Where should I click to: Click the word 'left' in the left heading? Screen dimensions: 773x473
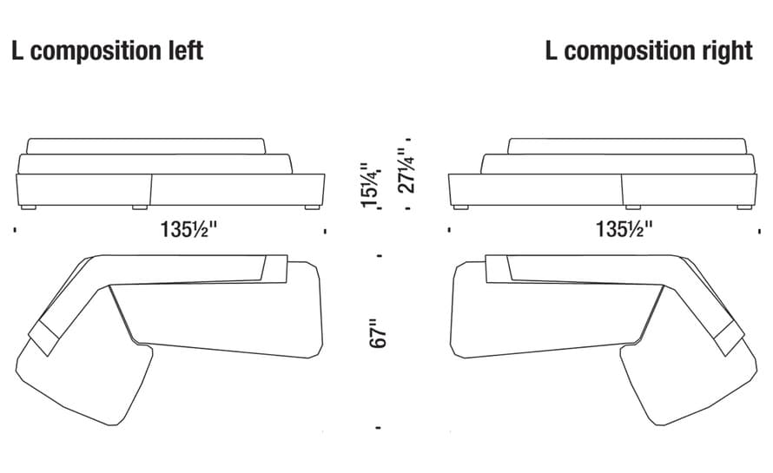186,50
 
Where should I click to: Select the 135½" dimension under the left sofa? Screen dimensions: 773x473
188,230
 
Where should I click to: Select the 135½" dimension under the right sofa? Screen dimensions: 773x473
624,230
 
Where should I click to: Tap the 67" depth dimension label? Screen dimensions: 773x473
379,333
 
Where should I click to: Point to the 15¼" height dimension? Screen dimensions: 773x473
371,185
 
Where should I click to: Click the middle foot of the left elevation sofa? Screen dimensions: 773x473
140,207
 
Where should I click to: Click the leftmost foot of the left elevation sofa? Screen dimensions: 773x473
29,207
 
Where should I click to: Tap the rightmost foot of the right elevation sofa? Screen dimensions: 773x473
744,207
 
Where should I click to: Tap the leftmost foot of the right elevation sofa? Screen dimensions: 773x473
460,207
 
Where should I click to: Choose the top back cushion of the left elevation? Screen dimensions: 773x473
146,147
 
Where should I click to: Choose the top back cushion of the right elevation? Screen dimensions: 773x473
626,147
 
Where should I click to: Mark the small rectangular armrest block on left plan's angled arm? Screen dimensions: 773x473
45,338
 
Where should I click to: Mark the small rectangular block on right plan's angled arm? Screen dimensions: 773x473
728,338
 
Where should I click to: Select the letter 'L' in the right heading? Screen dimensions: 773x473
552,50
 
